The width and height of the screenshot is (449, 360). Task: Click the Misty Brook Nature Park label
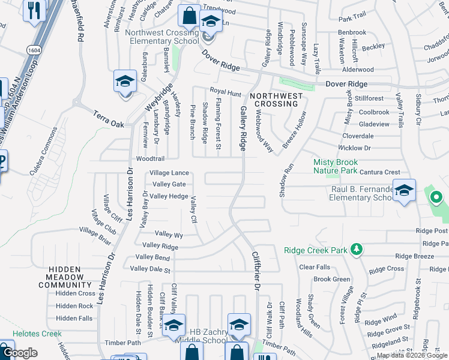(336, 166)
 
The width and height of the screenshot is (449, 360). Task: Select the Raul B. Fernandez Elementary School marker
(404, 191)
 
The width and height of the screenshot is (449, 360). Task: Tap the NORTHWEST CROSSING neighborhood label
(274, 100)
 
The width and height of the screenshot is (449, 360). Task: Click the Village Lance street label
(169, 173)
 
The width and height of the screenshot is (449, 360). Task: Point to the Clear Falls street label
(315, 267)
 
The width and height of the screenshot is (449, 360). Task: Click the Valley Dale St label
(151, 269)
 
